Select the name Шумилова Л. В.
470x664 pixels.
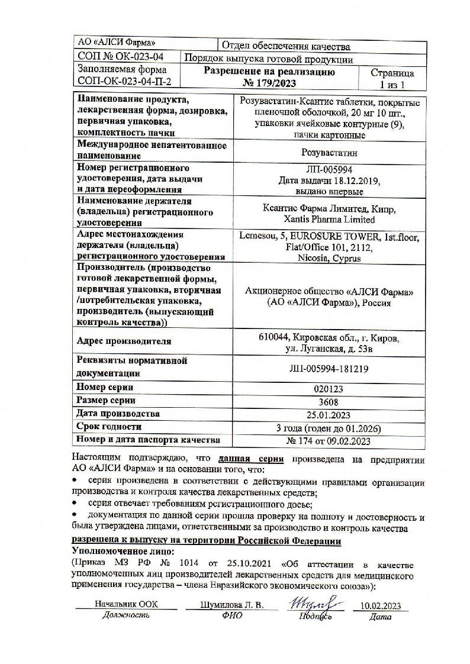point(231,605)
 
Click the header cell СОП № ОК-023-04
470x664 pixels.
point(121,57)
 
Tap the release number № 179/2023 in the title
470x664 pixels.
point(269,83)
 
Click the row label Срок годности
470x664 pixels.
point(109,427)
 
